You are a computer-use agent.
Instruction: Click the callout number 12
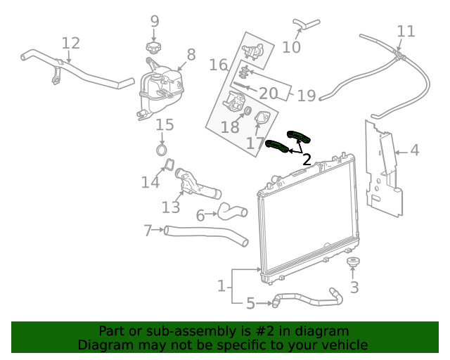click(71, 44)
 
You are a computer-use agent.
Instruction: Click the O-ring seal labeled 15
click(162, 150)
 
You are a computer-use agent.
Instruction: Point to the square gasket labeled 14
click(168, 166)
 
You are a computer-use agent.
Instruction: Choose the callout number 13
click(171, 207)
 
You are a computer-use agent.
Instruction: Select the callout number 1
click(221, 285)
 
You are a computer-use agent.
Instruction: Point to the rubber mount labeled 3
click(353, 264)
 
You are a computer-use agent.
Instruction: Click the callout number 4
click(415, 150)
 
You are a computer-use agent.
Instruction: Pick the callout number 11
click(406, 31)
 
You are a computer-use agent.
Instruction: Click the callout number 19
click(306, 95)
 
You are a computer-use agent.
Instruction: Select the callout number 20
click(268, 93)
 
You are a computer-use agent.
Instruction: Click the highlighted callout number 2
click(307, 160)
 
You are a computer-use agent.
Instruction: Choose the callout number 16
click(218, 65)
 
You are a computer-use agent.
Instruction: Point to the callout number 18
click(230, 127)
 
